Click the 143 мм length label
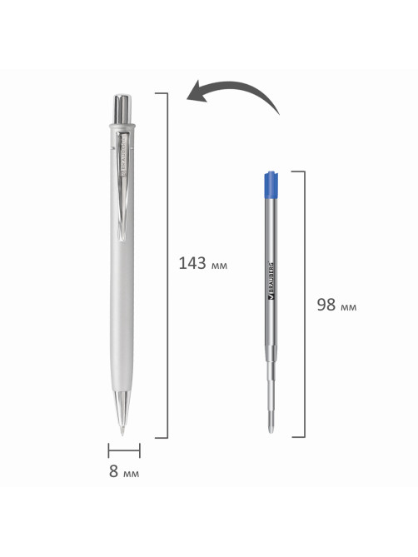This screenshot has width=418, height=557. (x=202, y=264)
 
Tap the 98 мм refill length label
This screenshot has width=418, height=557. (x=336, y=305)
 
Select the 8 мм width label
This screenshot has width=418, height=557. (x=124, y=471)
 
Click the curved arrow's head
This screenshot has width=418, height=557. (x=198, y=92)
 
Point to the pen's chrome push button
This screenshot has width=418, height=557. (x=122, y=109)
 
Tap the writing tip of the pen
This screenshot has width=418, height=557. (x=122, y=430)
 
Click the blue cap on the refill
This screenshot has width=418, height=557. (x=271, y=184)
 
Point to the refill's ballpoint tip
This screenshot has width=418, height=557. (x=271, y=426)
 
